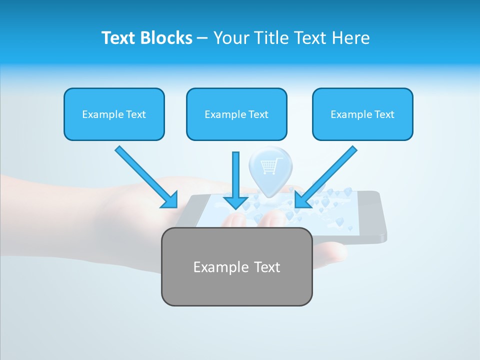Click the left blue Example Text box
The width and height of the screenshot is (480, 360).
(x=114, y=114)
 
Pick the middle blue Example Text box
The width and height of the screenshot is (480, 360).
(x=236, y=114)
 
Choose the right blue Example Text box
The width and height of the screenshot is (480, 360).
(x=362, y=114)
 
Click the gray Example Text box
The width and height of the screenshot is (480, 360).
(x=236, y=266)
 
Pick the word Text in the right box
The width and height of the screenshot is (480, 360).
(x=384, y=114)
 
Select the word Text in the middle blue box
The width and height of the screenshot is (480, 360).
(x=258, y=114)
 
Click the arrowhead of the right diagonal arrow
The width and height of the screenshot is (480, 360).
(x=301, y=200)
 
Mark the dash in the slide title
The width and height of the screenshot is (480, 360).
(x=202, y=38)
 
